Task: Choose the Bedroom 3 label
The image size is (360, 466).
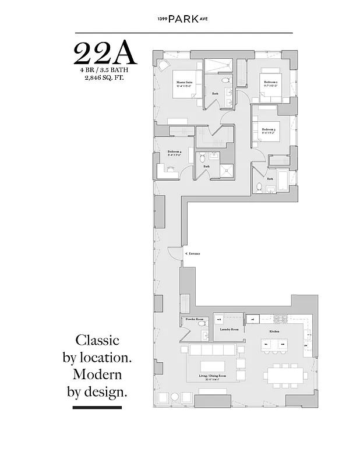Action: tap(269, 130)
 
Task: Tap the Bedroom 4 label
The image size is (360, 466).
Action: tap(166, 153)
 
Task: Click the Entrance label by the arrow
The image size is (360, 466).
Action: tap(193, 255)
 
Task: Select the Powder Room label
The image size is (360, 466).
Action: tap(194, 319)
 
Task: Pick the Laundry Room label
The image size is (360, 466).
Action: tap(229, 330)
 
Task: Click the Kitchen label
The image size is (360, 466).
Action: tap(274, 331)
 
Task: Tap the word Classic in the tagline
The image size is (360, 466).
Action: tap(97, 340)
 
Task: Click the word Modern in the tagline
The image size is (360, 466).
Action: tap(97, 373)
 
